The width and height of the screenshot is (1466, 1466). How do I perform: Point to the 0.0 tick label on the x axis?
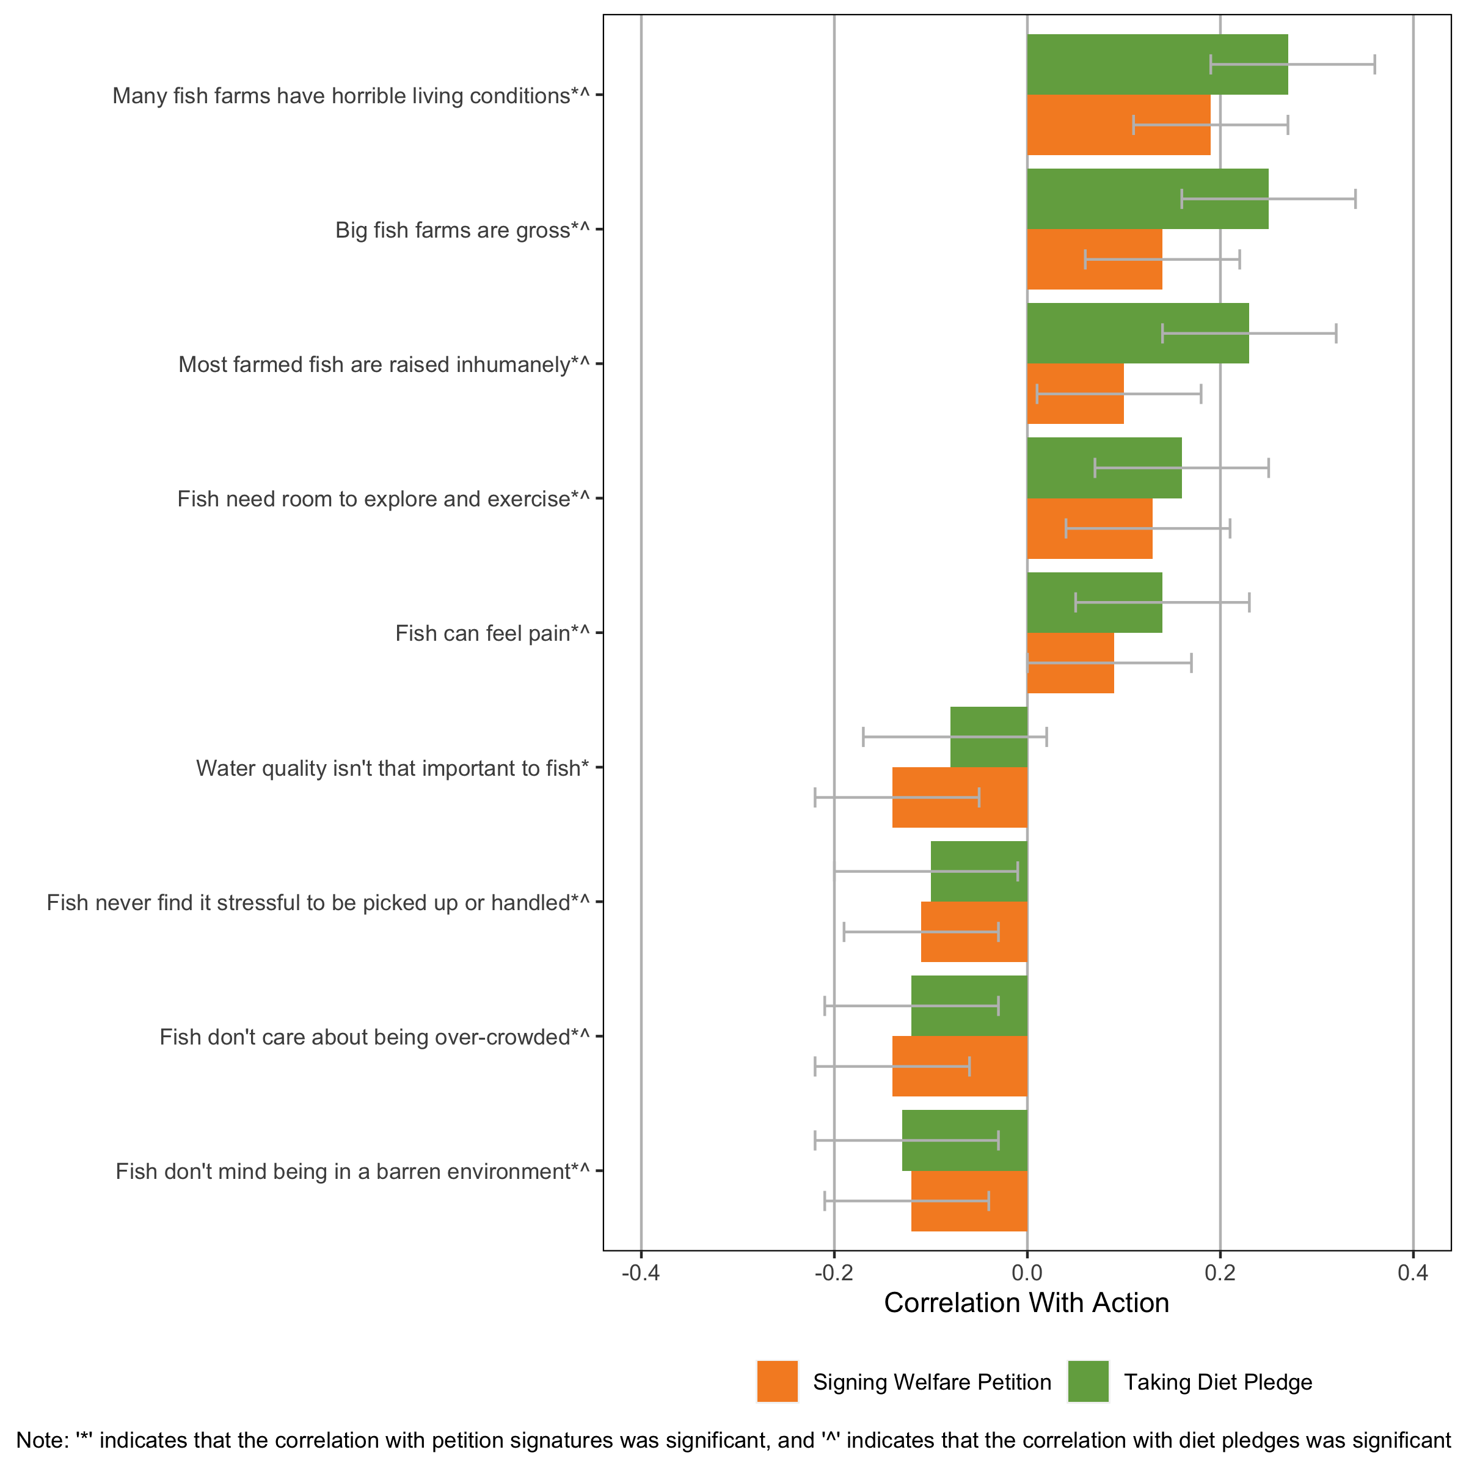click(x=1027, y=1272)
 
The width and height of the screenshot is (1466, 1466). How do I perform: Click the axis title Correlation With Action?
click(x=1026, y=1303)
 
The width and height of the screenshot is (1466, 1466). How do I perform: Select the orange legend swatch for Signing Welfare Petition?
click(x=777, y=1381)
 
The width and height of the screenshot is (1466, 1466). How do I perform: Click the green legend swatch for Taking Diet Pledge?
click(x=1087, y=1381)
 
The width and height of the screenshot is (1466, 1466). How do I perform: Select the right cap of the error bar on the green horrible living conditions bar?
click(x=1374, y=65)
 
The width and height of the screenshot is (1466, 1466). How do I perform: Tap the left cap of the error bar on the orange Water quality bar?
click(x=815, y=798)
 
